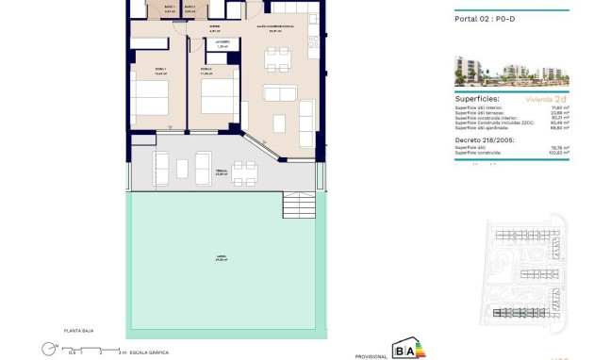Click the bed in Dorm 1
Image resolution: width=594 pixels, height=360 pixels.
(149, 98)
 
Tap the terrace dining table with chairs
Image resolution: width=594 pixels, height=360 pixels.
(244, 172)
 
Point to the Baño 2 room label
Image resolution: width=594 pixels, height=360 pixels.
(191, 8)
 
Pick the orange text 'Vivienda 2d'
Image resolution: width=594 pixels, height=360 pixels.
(547, 98)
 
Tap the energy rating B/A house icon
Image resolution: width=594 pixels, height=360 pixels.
(406, 348)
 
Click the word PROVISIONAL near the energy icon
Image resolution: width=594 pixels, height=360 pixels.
(371, 355)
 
